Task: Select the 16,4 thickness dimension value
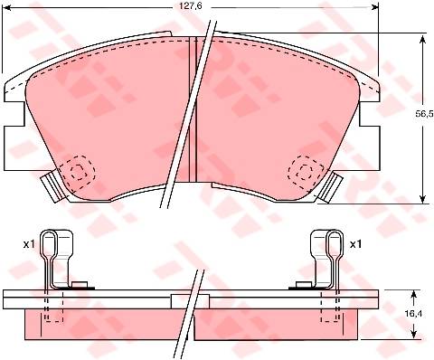click(x=414, y=314)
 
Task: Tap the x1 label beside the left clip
click(x=29, y=244)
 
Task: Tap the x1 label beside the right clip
click(x=355, y=244)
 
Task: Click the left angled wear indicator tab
click(x=52, y=186)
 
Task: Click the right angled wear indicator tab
click(x=330, y=186)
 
